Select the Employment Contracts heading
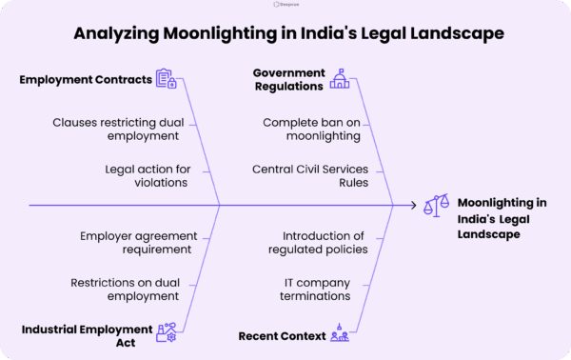pos(86,80)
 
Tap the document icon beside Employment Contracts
pos(166,79)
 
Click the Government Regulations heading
pos(288,80)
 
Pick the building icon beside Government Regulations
pos(339,80)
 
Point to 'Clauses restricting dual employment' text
pos(121,129)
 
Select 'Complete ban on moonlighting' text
pos(311,129)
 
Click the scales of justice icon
pos(437,204)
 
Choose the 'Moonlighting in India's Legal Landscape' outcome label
pos(502,218)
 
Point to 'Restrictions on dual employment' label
pos(130,289)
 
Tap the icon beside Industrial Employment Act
pos(166,332)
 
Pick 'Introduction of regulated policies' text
pos(323,242)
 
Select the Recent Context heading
pos(282,335)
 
